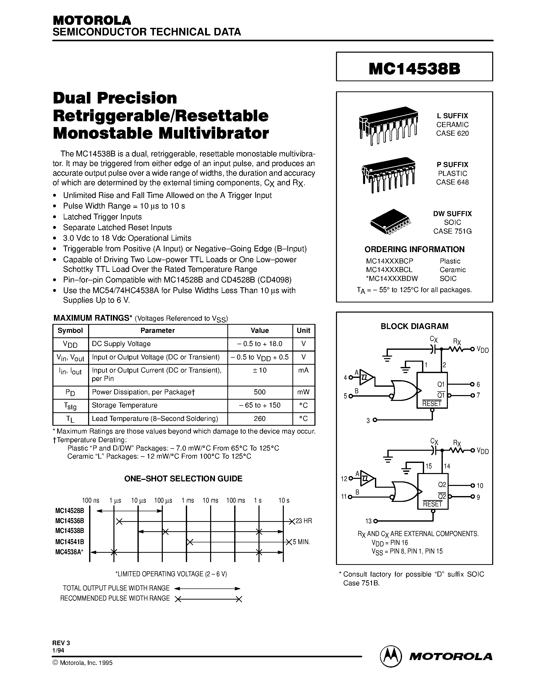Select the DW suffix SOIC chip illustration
[x=390, y=221]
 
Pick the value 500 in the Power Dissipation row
[x=260, y=392]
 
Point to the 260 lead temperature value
[x=260, y=418]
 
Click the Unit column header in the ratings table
[x=303, y=331]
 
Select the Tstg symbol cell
[x=70, y=406]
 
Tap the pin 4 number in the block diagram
[x=345, y=378]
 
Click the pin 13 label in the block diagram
[x=368, y=521]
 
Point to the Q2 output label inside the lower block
[x=442, y=485]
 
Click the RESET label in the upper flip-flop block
[x=432, y=403]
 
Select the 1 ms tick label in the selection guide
[x=188, y=500]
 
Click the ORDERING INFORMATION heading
[x=414, y=249]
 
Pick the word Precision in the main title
[x=137, y=98]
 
